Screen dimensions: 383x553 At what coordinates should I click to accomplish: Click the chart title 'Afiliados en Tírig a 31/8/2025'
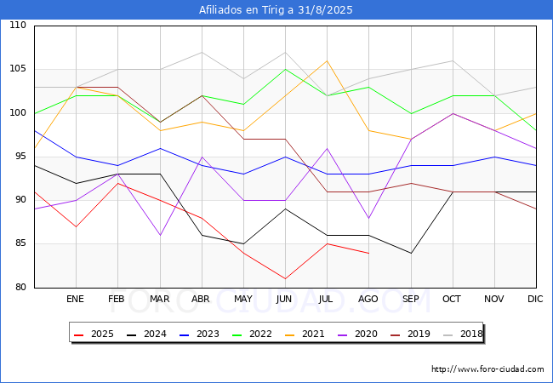tap(276, 10)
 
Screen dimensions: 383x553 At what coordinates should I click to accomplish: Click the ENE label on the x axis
tap(76, 300)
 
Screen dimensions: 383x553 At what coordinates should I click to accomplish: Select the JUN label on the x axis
tap(285, 300)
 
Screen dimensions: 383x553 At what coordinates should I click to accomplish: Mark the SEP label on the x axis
tap(410, 300)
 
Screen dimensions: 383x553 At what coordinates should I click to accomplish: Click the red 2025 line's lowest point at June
tap(285, 278)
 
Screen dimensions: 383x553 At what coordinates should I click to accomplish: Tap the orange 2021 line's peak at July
tap(327, 60)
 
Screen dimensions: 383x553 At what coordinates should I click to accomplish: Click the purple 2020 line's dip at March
tap(160, 235)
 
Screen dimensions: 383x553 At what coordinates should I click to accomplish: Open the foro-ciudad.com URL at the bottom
tap(487, 369)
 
